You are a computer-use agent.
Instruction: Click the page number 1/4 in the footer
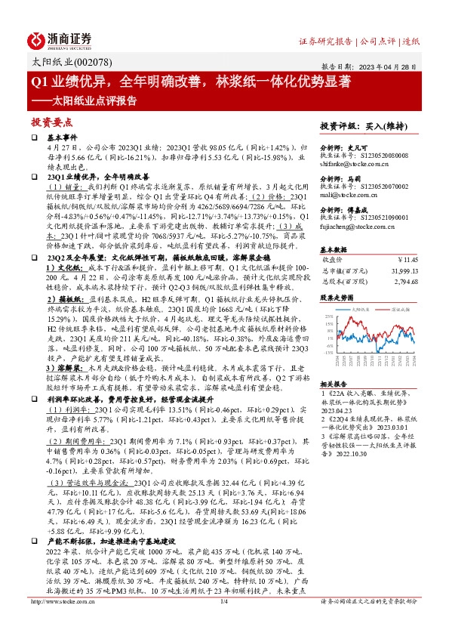pyautogui.click(x=223, y=601)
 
